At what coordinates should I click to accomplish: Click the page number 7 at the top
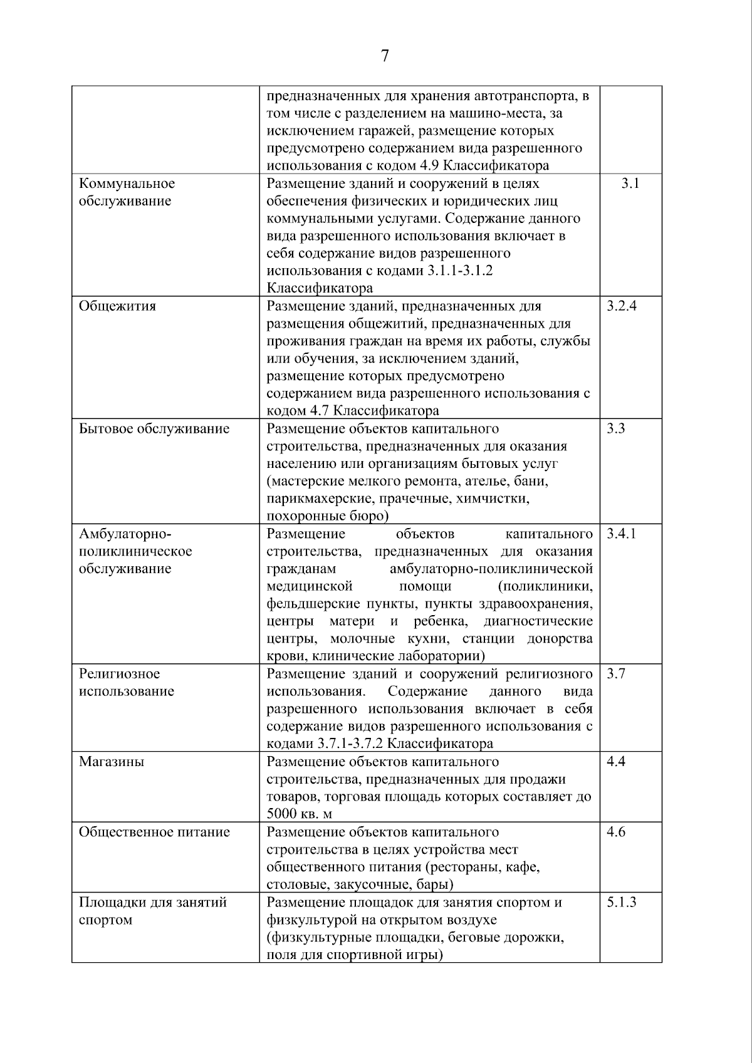click(x=385, y=56)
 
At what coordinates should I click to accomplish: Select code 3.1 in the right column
click(x=630, y=184)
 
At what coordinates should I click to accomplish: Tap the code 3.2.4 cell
click(x=622, y=306)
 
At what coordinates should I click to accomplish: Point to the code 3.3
click(x=616, y=429)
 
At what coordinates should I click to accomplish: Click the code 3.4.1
click(x=622, y=534)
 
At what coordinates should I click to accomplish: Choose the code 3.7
click(x=616, y=674)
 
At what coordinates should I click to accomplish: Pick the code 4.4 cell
click(x=616, y=762)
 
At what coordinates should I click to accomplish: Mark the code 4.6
click(x=616, y=832)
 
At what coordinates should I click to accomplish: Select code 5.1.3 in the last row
click(x=622, y=902)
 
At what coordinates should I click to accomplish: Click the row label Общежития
click(x=117, y=306)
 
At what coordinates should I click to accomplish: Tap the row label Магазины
click(x=111, y=762)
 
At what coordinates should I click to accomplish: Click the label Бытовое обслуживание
click(x=154, y=429)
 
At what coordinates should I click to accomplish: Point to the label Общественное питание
click(x=154, y=832)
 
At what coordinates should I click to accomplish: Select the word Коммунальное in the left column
click(x=127, y=184)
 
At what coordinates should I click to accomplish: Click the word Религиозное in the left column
click(x=119, y=674)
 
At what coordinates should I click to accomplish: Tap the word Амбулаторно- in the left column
click(x=125, y=534)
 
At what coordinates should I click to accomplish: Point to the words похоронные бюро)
click(x=327, y=516)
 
